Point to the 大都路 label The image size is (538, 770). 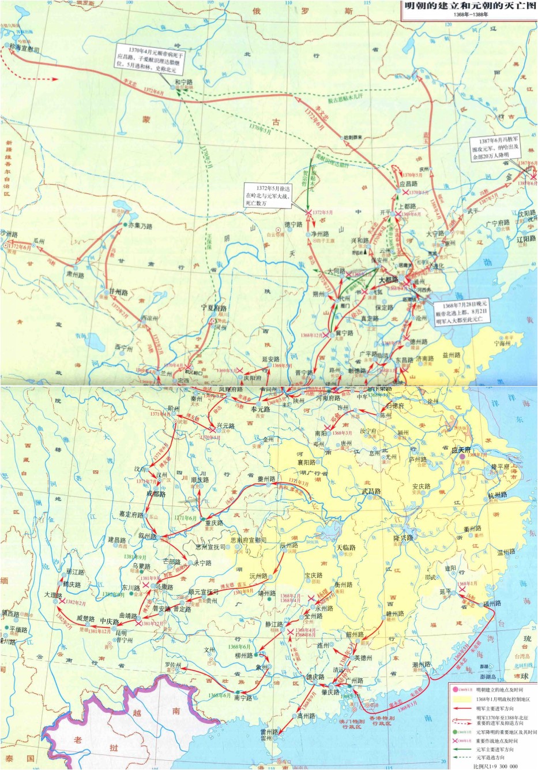(390, 279)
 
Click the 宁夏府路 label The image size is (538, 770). (213, 308)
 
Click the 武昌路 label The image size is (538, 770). (371, 491)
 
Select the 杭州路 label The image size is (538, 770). (497, 495)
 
